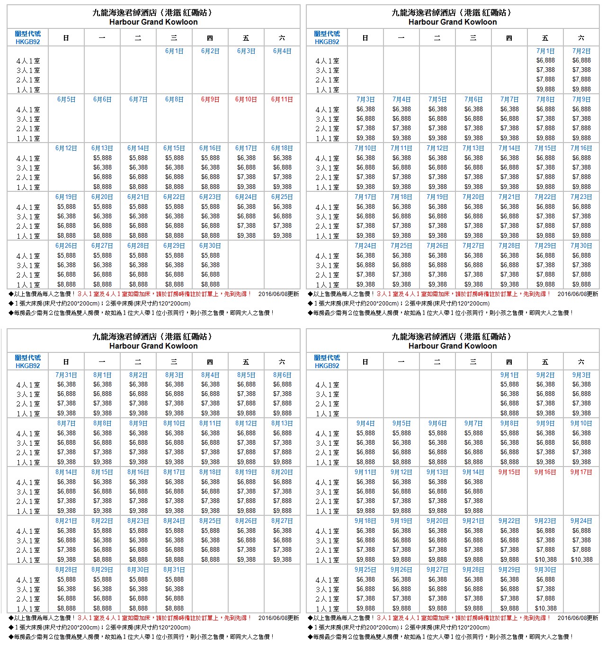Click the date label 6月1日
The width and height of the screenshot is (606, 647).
point(174,51)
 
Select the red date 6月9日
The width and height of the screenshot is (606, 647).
point(210,99)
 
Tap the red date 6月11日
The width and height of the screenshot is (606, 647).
point(282,99)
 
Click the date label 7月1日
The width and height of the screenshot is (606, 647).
point(545,51)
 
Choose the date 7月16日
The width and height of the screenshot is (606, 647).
point(581,148)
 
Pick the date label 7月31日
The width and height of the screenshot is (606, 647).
point(66,375)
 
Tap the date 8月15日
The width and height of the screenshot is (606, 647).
point(102,472)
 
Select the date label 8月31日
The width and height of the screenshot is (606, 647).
point(174,570)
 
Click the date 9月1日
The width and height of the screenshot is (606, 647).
point(509,375)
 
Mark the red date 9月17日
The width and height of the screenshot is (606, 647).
point(581,472)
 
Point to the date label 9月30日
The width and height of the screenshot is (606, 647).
point(545,570)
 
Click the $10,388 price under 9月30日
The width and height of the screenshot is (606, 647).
point(545,608)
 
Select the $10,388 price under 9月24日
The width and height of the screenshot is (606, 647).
point(581,559)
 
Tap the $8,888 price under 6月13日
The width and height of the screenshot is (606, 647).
point(102,187)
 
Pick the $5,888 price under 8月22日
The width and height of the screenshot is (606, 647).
point(102,530)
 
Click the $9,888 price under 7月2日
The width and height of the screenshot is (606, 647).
point(581,89)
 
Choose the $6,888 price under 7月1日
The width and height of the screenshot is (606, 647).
point(545,60)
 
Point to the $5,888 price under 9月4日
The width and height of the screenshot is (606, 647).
point(365,433)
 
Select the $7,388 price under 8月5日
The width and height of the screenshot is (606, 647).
point(246,394)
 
